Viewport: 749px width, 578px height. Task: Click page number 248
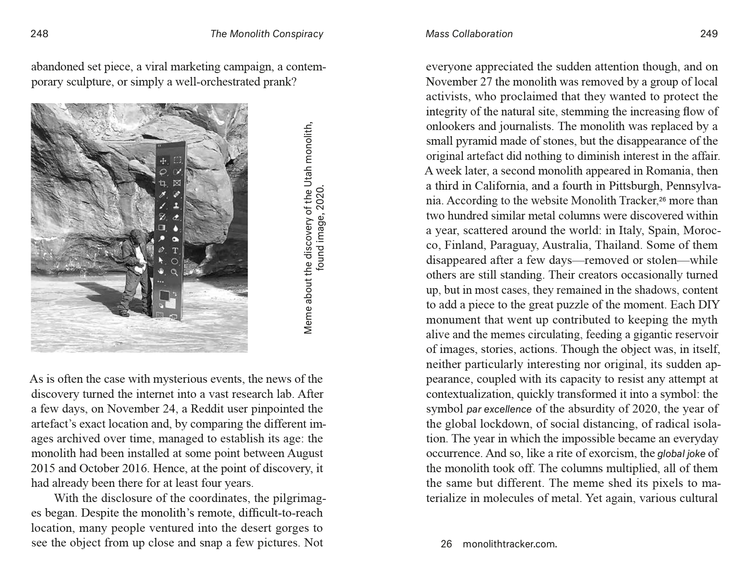pos(39,34)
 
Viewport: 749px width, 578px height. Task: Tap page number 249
pos(709,34)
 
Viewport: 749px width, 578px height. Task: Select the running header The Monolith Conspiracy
pos(266,34)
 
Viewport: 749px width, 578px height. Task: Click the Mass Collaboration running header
pos(469,34)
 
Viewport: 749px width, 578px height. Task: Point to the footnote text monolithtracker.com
pos(509,544)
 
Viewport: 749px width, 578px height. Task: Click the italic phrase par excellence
pos(499,409)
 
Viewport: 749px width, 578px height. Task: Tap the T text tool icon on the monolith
pos(175,250)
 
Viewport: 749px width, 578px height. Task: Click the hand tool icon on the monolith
pos(163,271)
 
